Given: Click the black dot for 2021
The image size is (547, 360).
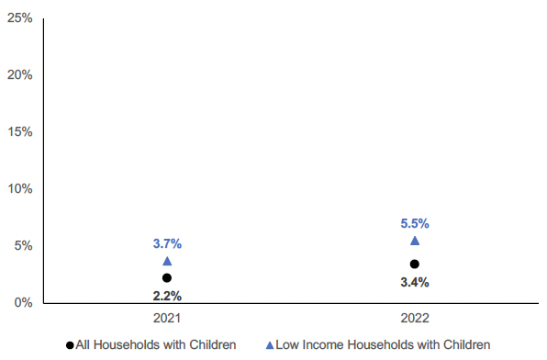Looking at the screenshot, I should point(166,277).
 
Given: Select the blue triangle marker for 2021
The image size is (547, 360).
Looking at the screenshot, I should point(166,262).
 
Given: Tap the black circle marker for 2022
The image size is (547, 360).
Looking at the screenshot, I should point(415,264).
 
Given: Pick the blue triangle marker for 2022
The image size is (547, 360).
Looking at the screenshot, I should point(415,241).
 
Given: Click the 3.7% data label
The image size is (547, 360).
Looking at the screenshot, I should point(167,244).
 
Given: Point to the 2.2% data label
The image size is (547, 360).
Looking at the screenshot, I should point(167,296).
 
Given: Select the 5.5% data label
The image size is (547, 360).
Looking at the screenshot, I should point(415,223).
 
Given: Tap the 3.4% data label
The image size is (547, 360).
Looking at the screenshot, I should point(415,282).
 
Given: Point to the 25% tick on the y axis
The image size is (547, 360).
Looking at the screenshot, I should point(19,17).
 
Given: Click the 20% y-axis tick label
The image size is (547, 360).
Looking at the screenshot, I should point(19,74).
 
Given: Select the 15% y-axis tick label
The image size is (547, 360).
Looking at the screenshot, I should point(19,131).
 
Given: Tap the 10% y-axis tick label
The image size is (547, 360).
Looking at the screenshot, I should point(19,188).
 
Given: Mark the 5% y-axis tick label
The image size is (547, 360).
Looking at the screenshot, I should point(22,245).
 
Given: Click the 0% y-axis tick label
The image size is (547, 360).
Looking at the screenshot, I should point(22,302).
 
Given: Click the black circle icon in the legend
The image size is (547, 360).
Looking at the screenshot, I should point(70,345).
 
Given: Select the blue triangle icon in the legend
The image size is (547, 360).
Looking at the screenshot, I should point(269,345).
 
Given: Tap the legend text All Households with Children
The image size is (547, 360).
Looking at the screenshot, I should point(156,345).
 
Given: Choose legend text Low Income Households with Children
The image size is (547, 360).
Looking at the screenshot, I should point(383,345).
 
